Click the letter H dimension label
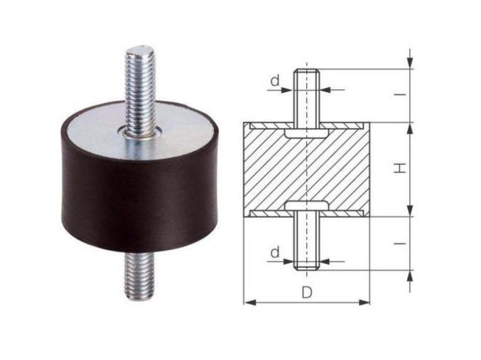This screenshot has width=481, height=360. coord(400,168)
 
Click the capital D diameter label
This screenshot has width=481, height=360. coord(306,293)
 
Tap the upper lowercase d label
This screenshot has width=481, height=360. coord(275,81)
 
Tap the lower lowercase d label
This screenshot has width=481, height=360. coord(275,253)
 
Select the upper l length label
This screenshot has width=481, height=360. coord(400,94)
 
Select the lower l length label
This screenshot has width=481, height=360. coord(400,244)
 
